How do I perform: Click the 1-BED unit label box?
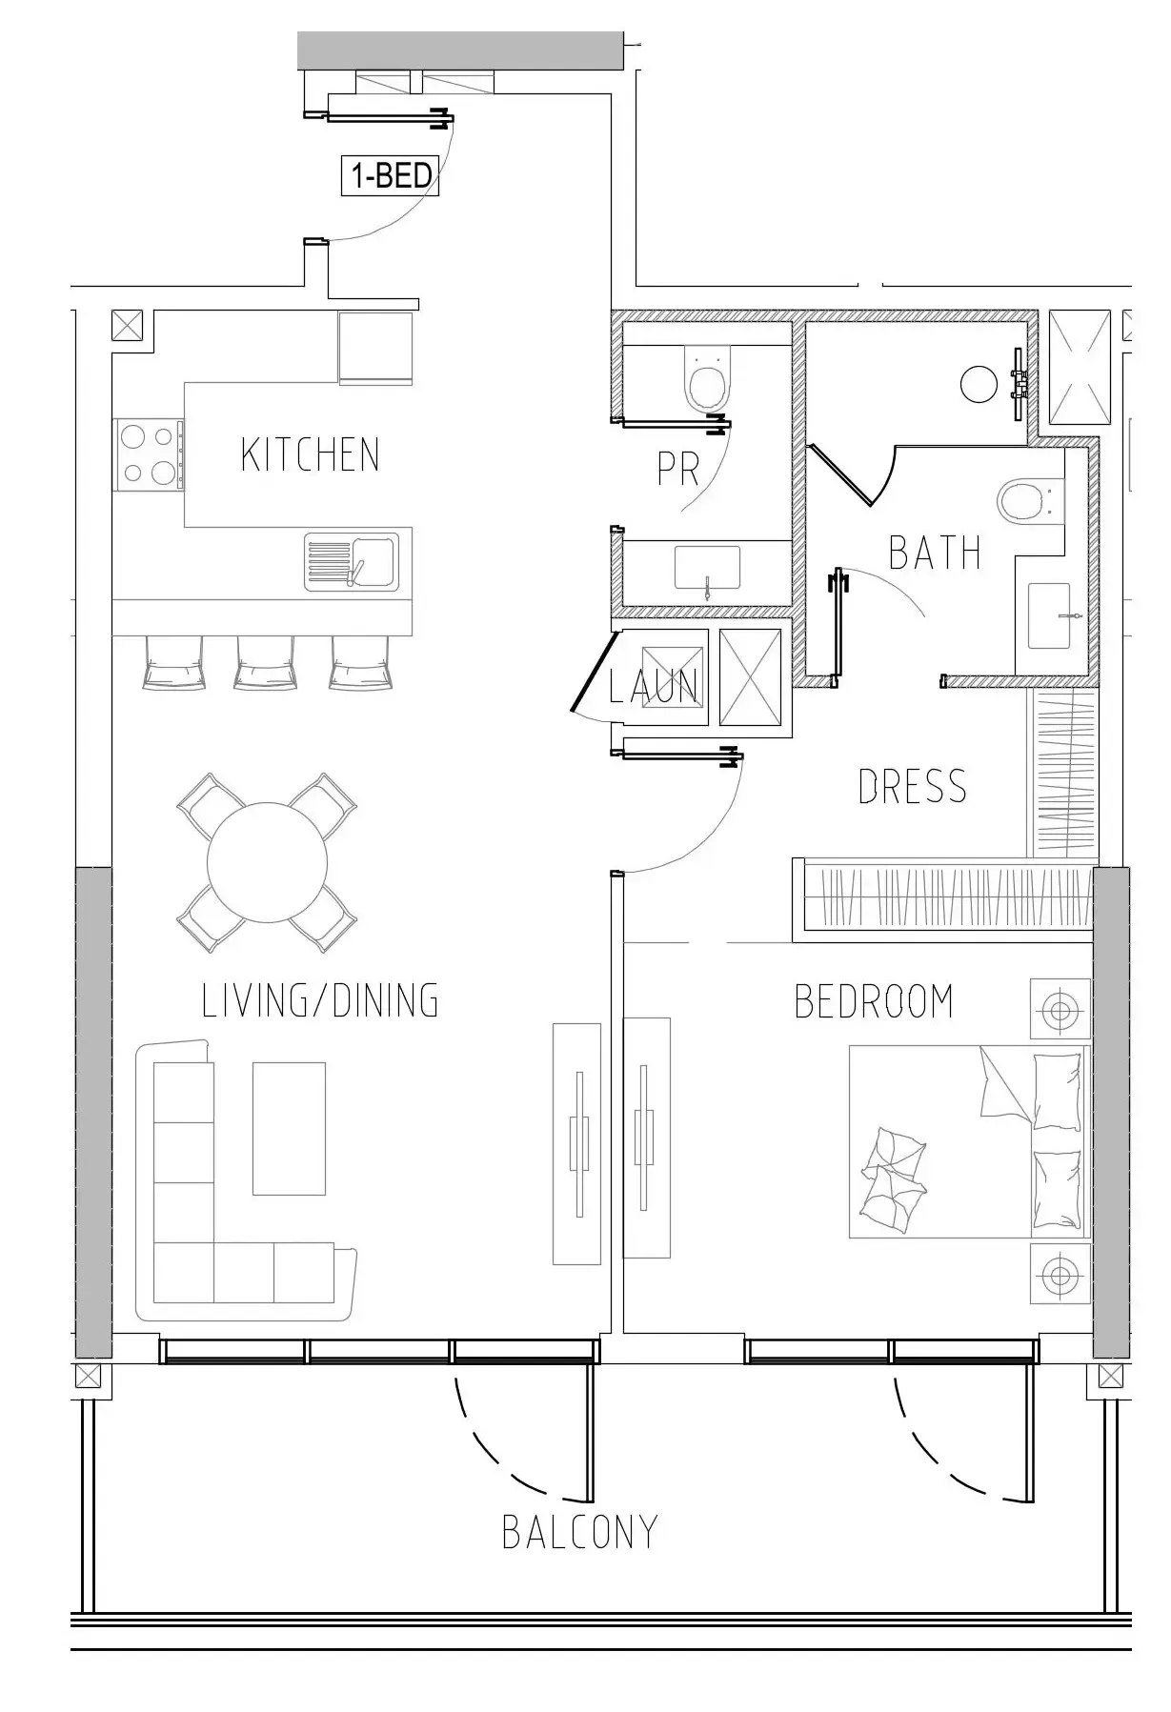point(391,176)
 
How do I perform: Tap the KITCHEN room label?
point(311,454)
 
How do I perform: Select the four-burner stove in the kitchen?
point(149,455)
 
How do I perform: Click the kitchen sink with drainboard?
point(351,562)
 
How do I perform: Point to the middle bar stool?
point(266,661)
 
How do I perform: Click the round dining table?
point(268,862)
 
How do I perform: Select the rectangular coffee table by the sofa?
point(289,1128)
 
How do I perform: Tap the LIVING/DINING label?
point(320,1000)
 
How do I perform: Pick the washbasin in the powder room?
point(708,569)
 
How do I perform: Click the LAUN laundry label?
point(654,685)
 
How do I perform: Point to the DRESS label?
point(913,787)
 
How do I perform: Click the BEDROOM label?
point(874,1001)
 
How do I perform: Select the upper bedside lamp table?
point(1060,1009)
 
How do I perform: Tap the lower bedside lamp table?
point(1060,1273)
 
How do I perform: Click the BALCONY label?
point(579,1532)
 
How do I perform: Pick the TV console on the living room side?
point(577,1144)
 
